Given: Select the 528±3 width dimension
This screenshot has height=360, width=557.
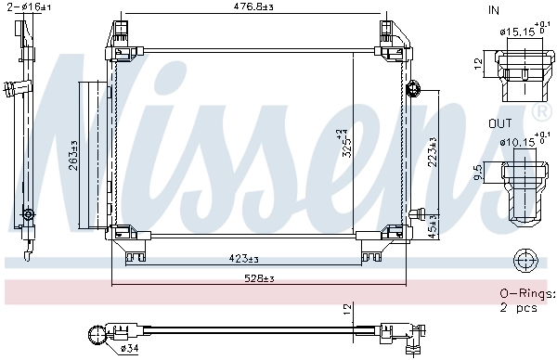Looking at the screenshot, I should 260,278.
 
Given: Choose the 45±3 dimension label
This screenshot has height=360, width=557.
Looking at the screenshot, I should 431,226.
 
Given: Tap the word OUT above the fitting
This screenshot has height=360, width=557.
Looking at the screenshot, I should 499,122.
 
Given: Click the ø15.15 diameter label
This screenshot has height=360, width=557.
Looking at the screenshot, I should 516,32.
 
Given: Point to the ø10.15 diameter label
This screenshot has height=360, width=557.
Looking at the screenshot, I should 516,143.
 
